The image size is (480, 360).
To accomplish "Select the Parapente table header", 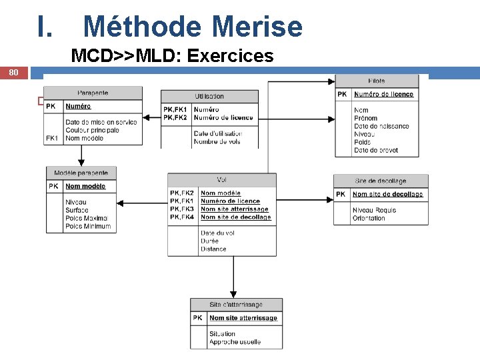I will (93, 93).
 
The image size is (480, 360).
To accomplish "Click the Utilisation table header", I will (209, 97).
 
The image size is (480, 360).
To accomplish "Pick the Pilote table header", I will (376, 81).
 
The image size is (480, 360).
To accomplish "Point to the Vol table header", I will (221, 179).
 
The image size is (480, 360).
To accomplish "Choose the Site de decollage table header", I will (381, 181).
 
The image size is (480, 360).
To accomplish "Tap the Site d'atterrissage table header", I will (236, 305).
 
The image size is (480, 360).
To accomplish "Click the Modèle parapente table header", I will (81, 173).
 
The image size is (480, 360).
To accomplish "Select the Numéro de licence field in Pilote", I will (383, 95).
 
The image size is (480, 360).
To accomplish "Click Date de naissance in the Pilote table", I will (381, 126).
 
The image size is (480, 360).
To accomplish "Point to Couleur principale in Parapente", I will (92, 130).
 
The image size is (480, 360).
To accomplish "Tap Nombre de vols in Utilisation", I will (217, 141).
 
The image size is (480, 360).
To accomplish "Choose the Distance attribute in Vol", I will (213, 249).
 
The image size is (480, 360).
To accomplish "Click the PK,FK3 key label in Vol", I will (182, 209).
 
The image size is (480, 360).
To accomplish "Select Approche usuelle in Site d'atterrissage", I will (235, 342).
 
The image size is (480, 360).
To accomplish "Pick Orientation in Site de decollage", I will (369, 218).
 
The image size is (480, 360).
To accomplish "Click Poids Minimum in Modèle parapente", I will (88, 227).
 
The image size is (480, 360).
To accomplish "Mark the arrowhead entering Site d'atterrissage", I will (233, 295).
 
